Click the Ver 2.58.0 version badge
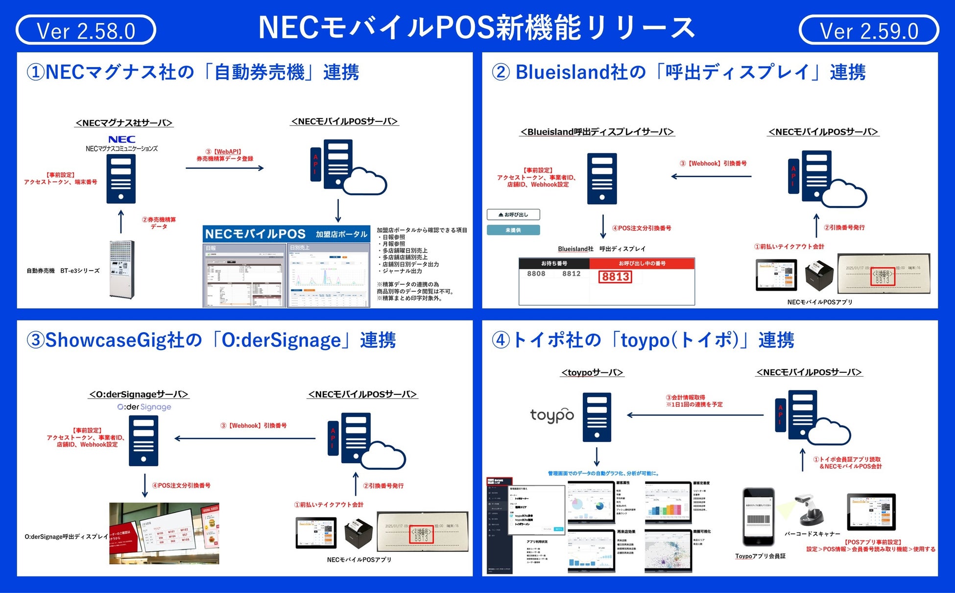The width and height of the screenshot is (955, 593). [86, 30]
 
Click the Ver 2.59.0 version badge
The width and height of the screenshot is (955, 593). [868, 30]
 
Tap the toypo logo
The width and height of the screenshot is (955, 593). [552, 415]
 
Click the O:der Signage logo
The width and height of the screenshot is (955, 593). [144, 407]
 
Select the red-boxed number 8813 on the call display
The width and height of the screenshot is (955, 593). [615, 277]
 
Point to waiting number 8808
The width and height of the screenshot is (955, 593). [536, 274]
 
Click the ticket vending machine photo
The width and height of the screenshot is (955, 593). [121, 269]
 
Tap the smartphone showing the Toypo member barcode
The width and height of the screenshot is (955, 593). [758, 517]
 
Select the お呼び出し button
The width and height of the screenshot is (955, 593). [513, 214]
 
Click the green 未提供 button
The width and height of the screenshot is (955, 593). [513, 230]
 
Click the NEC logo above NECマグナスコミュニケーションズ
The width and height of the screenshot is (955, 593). [121, 139]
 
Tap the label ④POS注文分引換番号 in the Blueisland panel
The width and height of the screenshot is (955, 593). [642, 228]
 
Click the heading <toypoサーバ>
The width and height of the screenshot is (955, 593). [592, 372]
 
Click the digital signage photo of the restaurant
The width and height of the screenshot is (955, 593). [164, 533]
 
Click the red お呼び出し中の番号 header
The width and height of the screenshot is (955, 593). [642, 263]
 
